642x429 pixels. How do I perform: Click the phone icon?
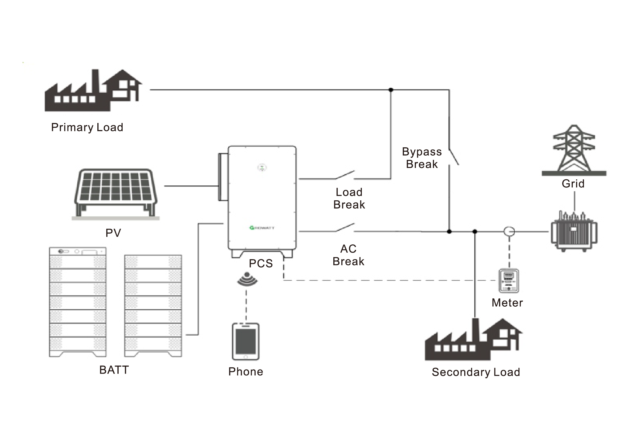click(246, 341)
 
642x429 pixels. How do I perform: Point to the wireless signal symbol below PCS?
click(247, 279)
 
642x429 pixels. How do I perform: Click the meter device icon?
click(509, 281)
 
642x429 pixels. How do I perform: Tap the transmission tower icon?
click(574, 149)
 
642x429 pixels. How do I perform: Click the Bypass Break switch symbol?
click(453, 157)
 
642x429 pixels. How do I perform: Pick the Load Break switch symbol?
click(345, 175)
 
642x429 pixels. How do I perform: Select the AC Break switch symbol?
click(345, 228)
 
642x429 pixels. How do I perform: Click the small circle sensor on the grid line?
click(509, 231)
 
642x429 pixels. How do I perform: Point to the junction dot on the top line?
click(391, 90)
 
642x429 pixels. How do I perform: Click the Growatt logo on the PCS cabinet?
click(262, 228)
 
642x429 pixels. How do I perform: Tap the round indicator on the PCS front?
click(262, 168)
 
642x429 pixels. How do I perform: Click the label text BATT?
click(114, 370)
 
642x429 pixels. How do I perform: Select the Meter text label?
click(507, 303)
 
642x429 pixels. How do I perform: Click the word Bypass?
click(422, 152)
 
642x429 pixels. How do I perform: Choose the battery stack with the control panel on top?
click(78, 302)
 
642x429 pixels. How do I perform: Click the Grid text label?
click(573, 184)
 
